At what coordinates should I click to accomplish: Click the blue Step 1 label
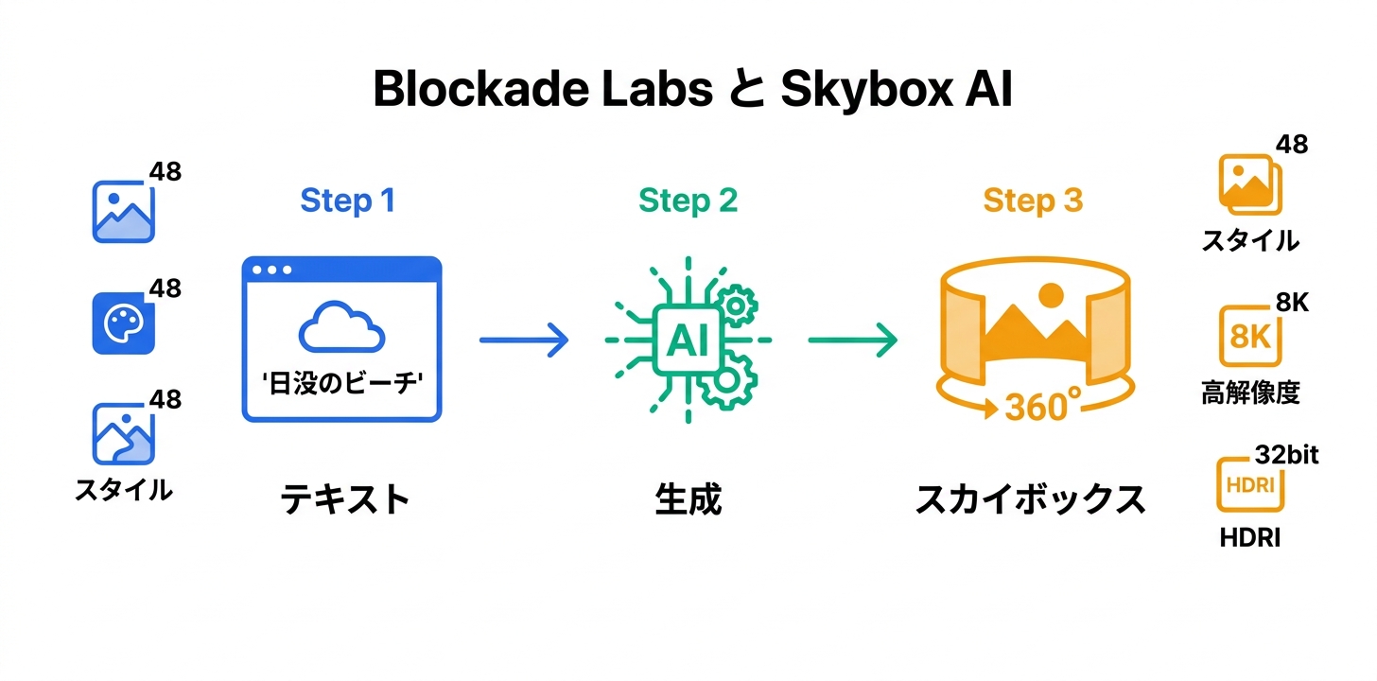pos(347,201)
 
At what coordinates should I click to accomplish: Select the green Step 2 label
pos(688,201)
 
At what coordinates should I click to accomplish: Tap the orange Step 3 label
pos(1033,201)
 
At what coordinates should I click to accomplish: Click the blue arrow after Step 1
pos(524,340)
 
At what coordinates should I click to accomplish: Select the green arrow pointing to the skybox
pos(852,340)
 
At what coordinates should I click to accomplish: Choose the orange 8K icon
pos(1249,336)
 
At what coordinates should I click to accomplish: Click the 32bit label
pos(1286,455)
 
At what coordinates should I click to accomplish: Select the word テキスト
pos(345,498)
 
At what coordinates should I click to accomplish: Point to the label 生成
pos(688,499)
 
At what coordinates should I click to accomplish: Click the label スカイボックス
pos(1030,499)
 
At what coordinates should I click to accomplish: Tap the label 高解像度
pos(1250,393)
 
